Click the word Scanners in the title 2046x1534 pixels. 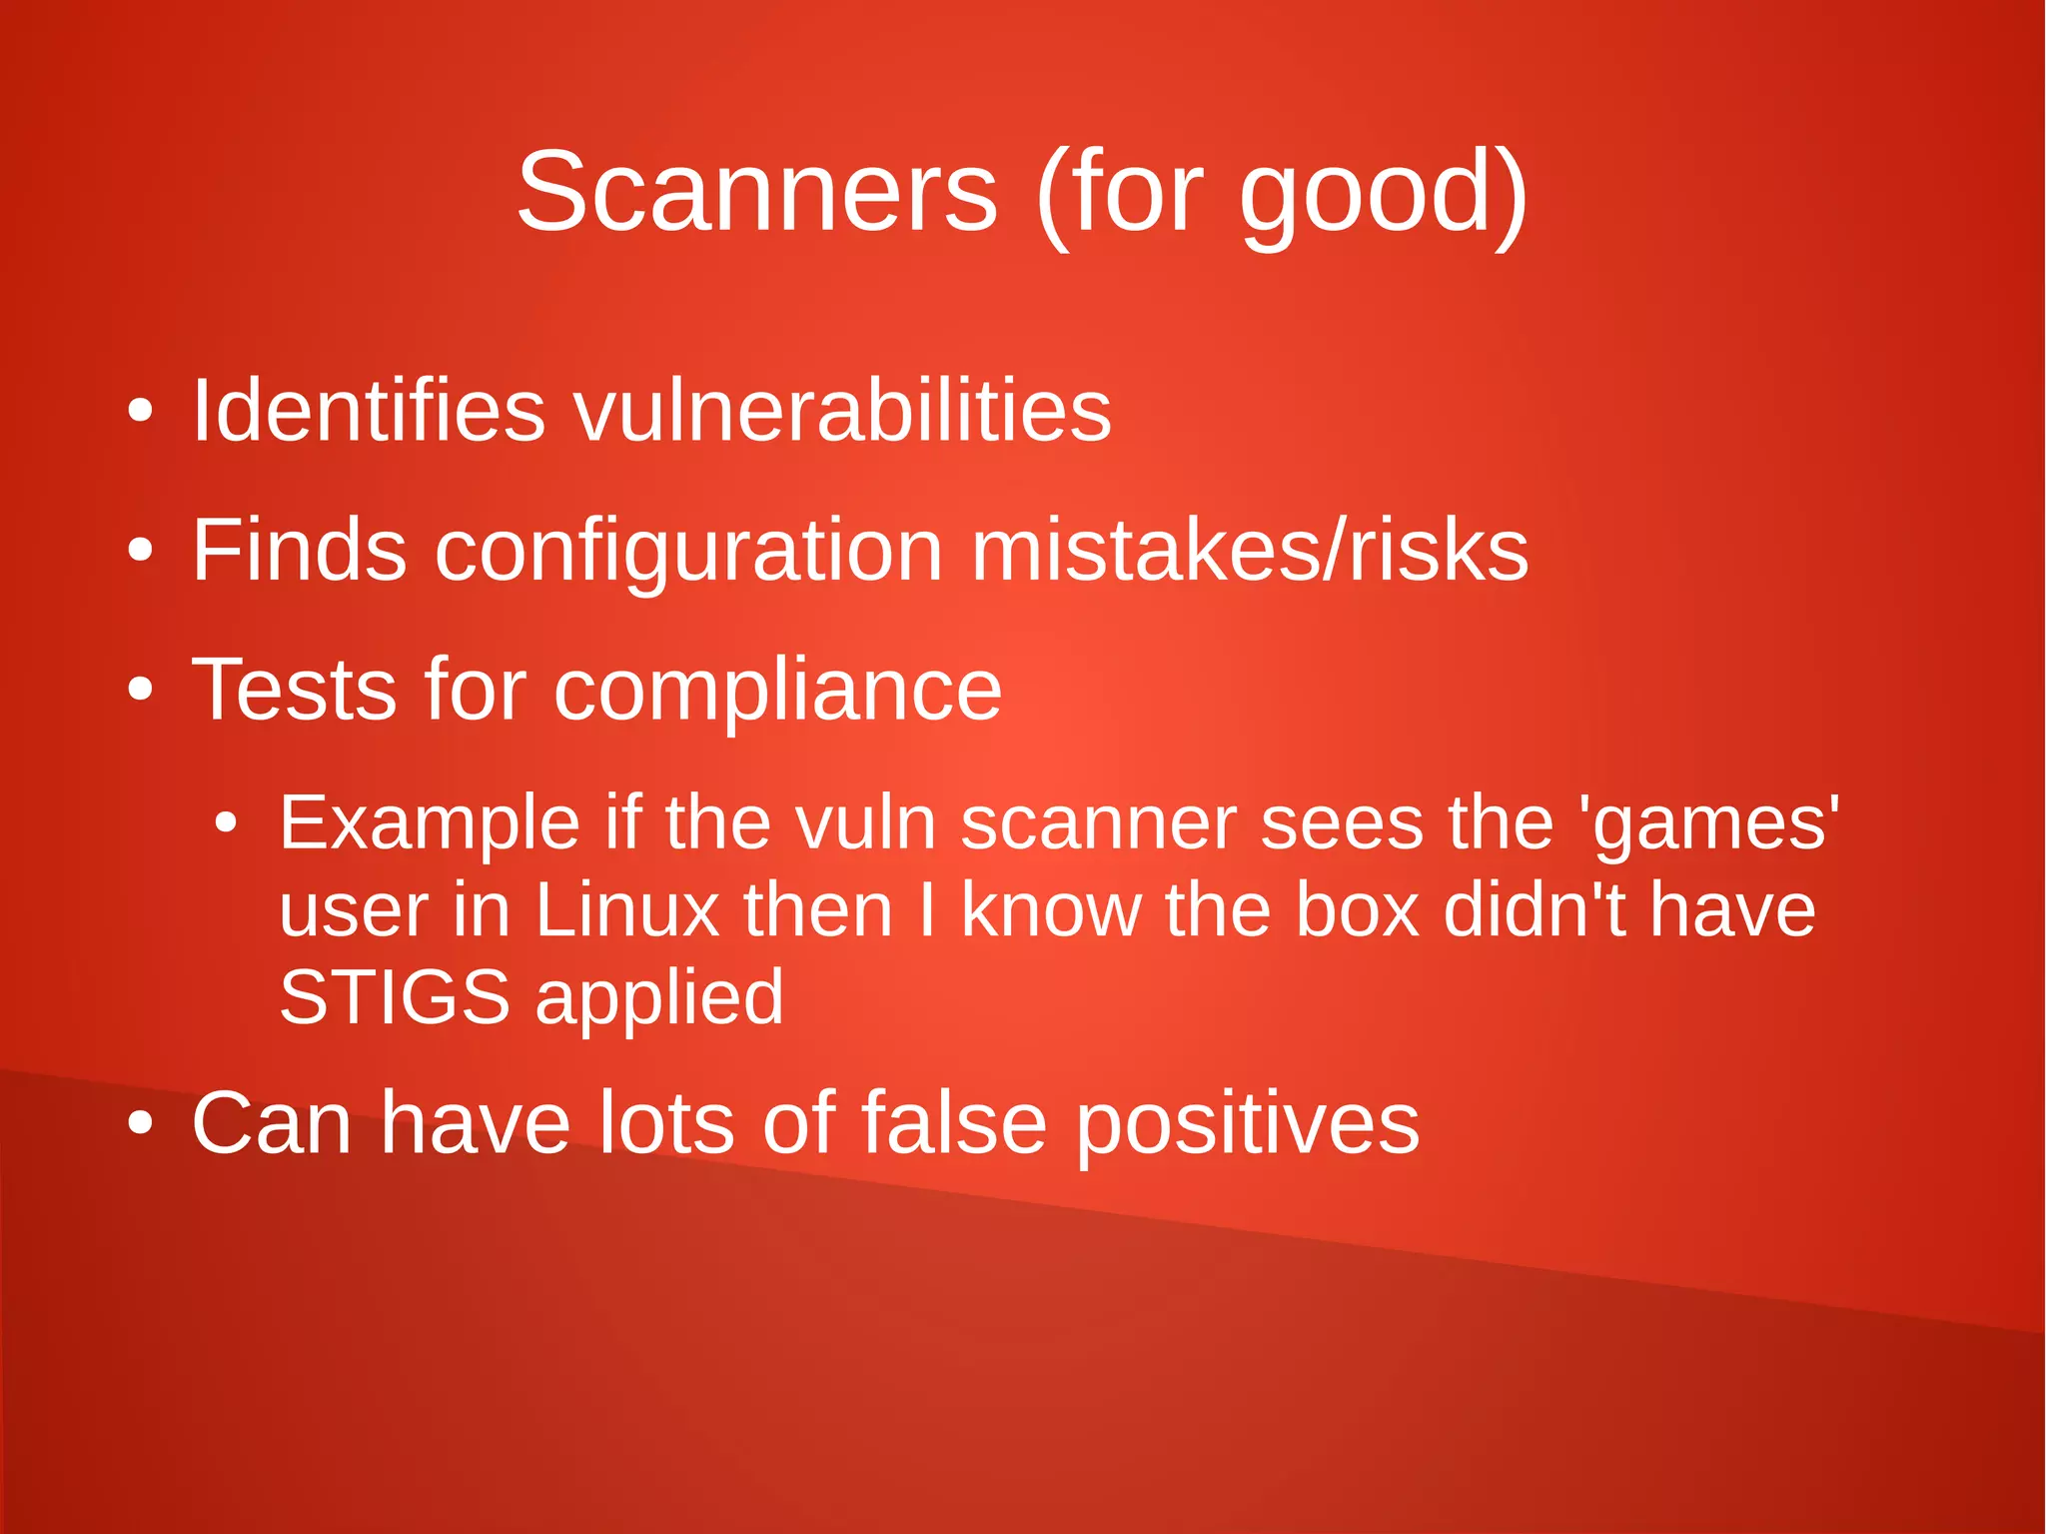[x=756, y=192]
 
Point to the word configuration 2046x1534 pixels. [x=688, y=553]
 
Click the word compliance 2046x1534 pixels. [x=777, y=692]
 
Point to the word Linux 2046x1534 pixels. [x=626, y=910]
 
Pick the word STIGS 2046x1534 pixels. [x=394, y=996]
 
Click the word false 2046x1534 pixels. [x=953, y=1122]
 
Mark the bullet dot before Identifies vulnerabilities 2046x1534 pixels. [x=141, y=411]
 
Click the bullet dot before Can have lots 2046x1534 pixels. [x=141, y=1123]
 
